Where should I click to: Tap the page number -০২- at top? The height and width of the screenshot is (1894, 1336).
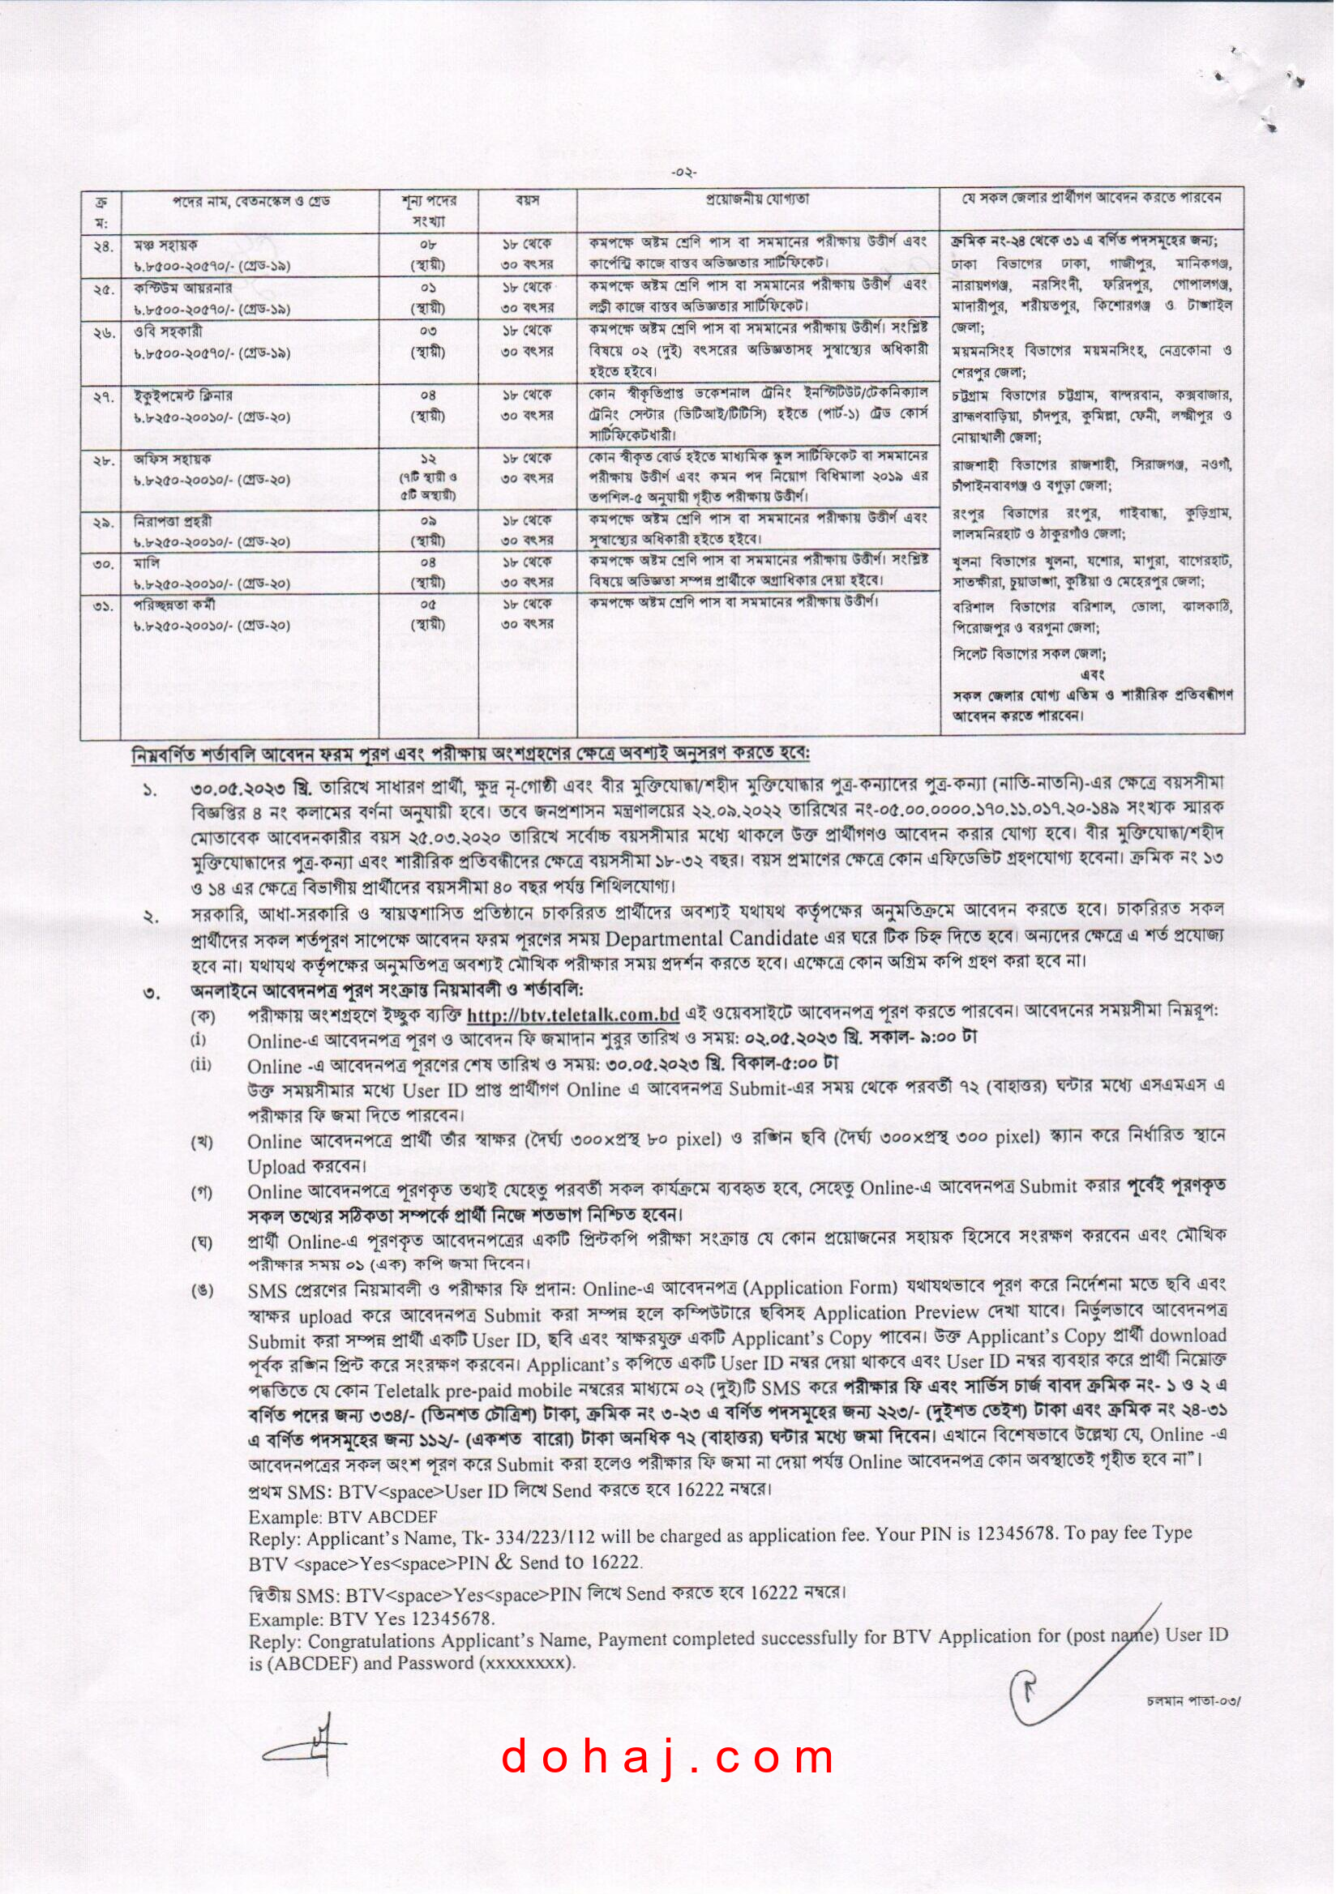pos(685,173)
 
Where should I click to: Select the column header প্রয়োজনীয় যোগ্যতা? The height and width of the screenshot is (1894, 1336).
pos(756,199)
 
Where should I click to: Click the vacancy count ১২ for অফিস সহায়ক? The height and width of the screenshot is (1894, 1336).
pos(428,459)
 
